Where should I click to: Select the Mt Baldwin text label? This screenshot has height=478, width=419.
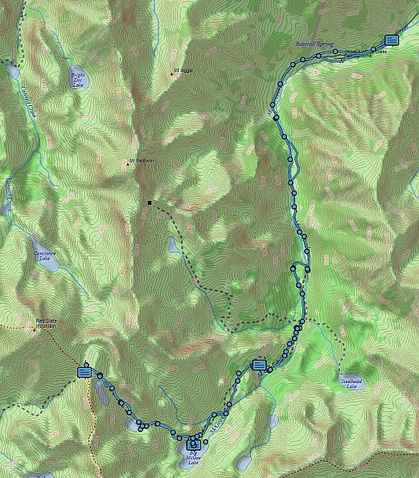(142, 161)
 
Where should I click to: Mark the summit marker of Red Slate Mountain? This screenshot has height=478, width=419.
(35, 329)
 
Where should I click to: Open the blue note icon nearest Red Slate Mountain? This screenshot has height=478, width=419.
(84, 371)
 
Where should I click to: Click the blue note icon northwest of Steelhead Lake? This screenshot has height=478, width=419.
(259, 365)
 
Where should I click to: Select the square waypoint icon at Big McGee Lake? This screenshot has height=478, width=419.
(193, 443)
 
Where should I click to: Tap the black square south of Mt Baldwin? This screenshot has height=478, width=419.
(149, 203)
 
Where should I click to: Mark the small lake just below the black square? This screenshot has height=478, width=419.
(174, 244)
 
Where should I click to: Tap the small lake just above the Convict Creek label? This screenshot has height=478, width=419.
(13, 71)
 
